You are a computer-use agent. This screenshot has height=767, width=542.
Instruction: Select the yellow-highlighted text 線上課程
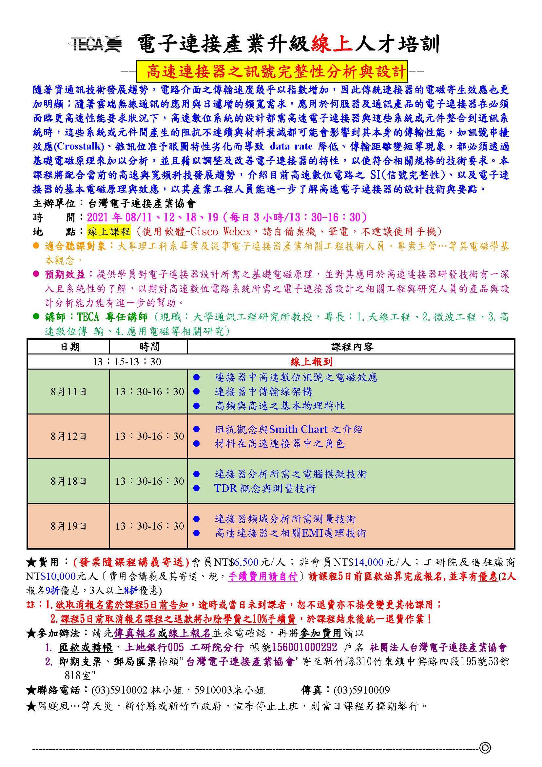pyautogui.click(x=109, y=232)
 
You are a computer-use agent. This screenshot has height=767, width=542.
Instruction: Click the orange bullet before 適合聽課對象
pyautogui.click(x=36, y=246)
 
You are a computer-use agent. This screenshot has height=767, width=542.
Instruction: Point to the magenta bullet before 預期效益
pyautogui.click(x=36, y=274)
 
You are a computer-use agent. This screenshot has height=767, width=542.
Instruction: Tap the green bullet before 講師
pyautogui.click(x=36, y=316)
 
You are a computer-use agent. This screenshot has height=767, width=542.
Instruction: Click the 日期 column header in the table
pyautogui.click(x=69, y=347)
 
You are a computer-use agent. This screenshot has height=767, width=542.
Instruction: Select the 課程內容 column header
pyautogui.click(x=352, y=347)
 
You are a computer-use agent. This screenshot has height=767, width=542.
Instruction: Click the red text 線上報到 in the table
pyautogui.click(x=311, y=362)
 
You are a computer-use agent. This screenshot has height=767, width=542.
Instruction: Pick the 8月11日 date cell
pyautogui.click(x=68, y=392)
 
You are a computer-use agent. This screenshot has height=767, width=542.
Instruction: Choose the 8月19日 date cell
pyautogui.click(x=68, y=526)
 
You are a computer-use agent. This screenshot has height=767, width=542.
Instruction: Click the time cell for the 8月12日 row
pyautogui.click(x=149, y=436)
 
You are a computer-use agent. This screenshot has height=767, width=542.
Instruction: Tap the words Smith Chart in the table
pyautogui.click(x=298, y=429)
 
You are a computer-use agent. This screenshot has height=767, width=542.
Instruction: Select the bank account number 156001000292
pyautogui.click(x=304, y=647)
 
